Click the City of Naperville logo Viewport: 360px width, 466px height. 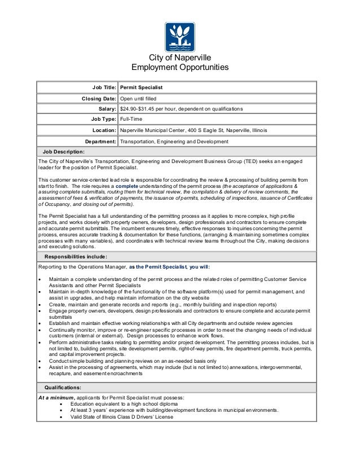pos(179,37)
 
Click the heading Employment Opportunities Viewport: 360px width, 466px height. pos(179,68)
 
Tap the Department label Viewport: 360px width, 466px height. pos(96,142)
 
